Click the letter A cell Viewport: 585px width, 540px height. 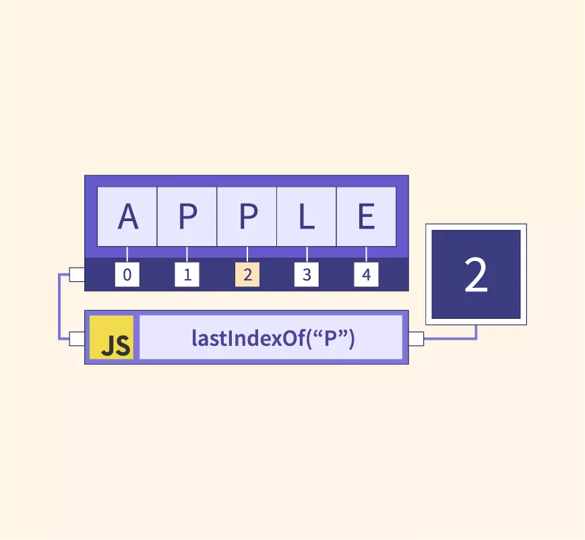coord(127,216)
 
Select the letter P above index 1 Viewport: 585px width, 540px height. coord(187,216)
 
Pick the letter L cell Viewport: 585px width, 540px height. coord(307,216)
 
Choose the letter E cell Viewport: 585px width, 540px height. coord(367,216)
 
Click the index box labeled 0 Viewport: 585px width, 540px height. coord(127,274)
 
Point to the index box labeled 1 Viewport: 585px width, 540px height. coord(187,274)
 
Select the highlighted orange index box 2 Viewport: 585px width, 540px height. coord(247,274)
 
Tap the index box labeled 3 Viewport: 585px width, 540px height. coord(307,274)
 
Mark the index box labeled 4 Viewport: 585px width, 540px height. coord(367,274)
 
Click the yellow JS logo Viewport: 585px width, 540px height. coord(112,337)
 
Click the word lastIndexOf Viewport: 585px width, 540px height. coord(249,338)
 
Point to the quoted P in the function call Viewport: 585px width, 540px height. coord(330,338)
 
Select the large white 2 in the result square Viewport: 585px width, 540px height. coord(476,274)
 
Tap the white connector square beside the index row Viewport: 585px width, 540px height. coord(77,274)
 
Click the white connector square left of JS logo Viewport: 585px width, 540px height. coord(77,339)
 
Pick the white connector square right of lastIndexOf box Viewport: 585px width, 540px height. coord(417,339)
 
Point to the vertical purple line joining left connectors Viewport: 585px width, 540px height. coord(59,307)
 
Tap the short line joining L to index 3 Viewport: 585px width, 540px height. coord(307,254)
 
